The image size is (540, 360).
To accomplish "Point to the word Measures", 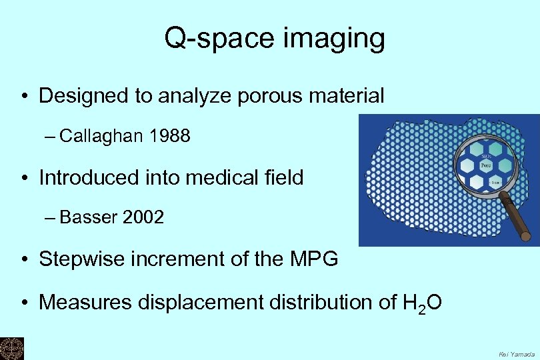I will pyautogui.click(x=85, y=302).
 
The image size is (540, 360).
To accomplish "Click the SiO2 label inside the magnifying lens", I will pyautogui.click(x=486, y=155).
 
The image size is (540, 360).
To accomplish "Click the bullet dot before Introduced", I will pyautogui.click(x=25, y=178).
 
